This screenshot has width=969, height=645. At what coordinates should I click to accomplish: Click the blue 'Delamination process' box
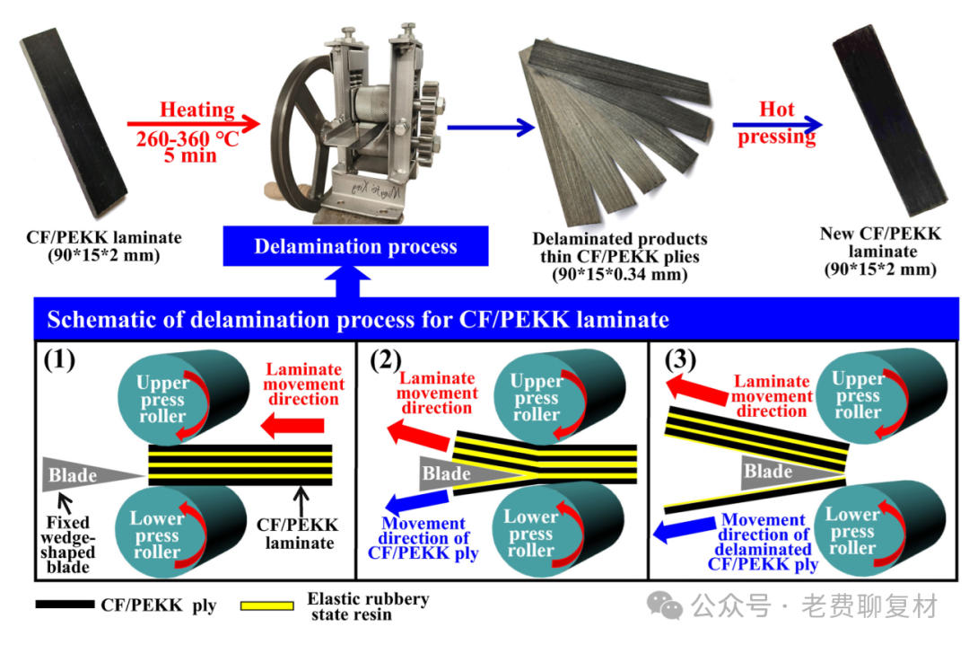(355, 246)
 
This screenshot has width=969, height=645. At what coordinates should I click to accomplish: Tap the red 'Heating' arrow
(194, 124)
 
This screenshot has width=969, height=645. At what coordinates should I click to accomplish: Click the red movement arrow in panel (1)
(292, 425)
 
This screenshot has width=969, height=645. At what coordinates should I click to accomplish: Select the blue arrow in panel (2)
(416, 500)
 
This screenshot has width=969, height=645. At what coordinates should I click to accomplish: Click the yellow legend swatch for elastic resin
(267, 605)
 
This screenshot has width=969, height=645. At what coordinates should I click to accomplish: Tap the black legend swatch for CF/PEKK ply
(65, 605)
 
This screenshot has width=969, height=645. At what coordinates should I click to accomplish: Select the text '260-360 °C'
(188, 139)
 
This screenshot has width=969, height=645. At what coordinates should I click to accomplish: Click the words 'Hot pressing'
(777, 122)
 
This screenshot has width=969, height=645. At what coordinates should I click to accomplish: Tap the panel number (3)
(680, 359)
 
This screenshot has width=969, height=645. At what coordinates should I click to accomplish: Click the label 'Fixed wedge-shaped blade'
(68, 544)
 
